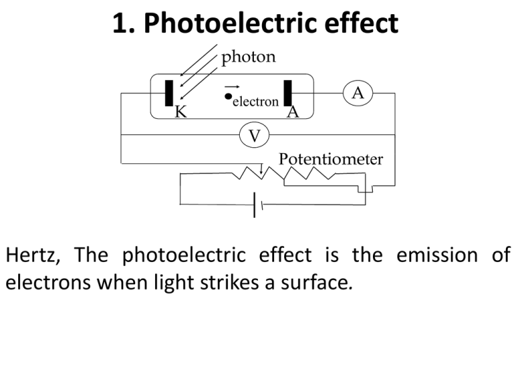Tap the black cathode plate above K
[169, 93]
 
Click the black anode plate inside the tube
[288, 93]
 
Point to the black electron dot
[228, 96]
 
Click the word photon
[249, 57]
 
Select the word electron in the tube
[256, 101]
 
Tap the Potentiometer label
[331, 159]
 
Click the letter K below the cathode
[181, 112]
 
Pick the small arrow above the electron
[232, 87]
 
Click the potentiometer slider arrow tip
[261, 173]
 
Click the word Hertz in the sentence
[33, 255]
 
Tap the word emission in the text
[437, 255]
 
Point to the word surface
[316, 283]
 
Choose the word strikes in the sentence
[229, 282]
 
